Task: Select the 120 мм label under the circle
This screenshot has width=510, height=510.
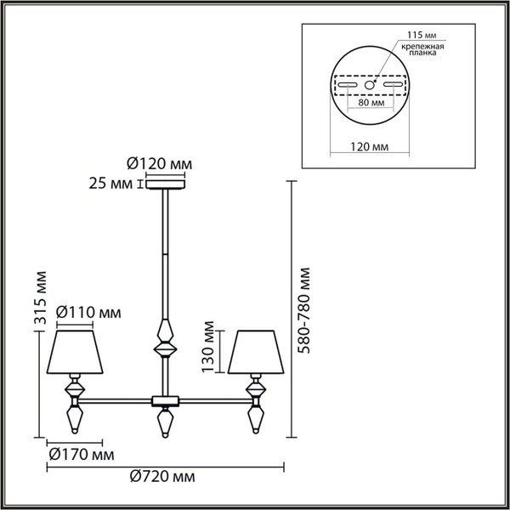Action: tap(369, 147)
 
